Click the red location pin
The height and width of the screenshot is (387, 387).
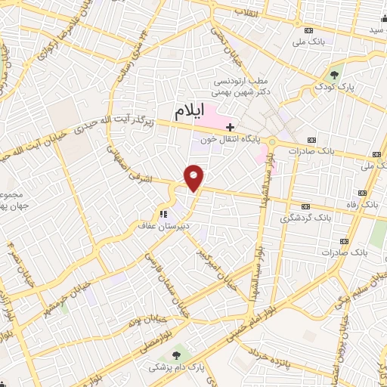pyautogui.click(x=194, y=178)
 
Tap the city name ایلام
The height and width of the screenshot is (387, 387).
pyautogui.click(x=190, y=113)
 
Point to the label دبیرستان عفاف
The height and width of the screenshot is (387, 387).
pyautogui.click(x=180, y=224)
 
